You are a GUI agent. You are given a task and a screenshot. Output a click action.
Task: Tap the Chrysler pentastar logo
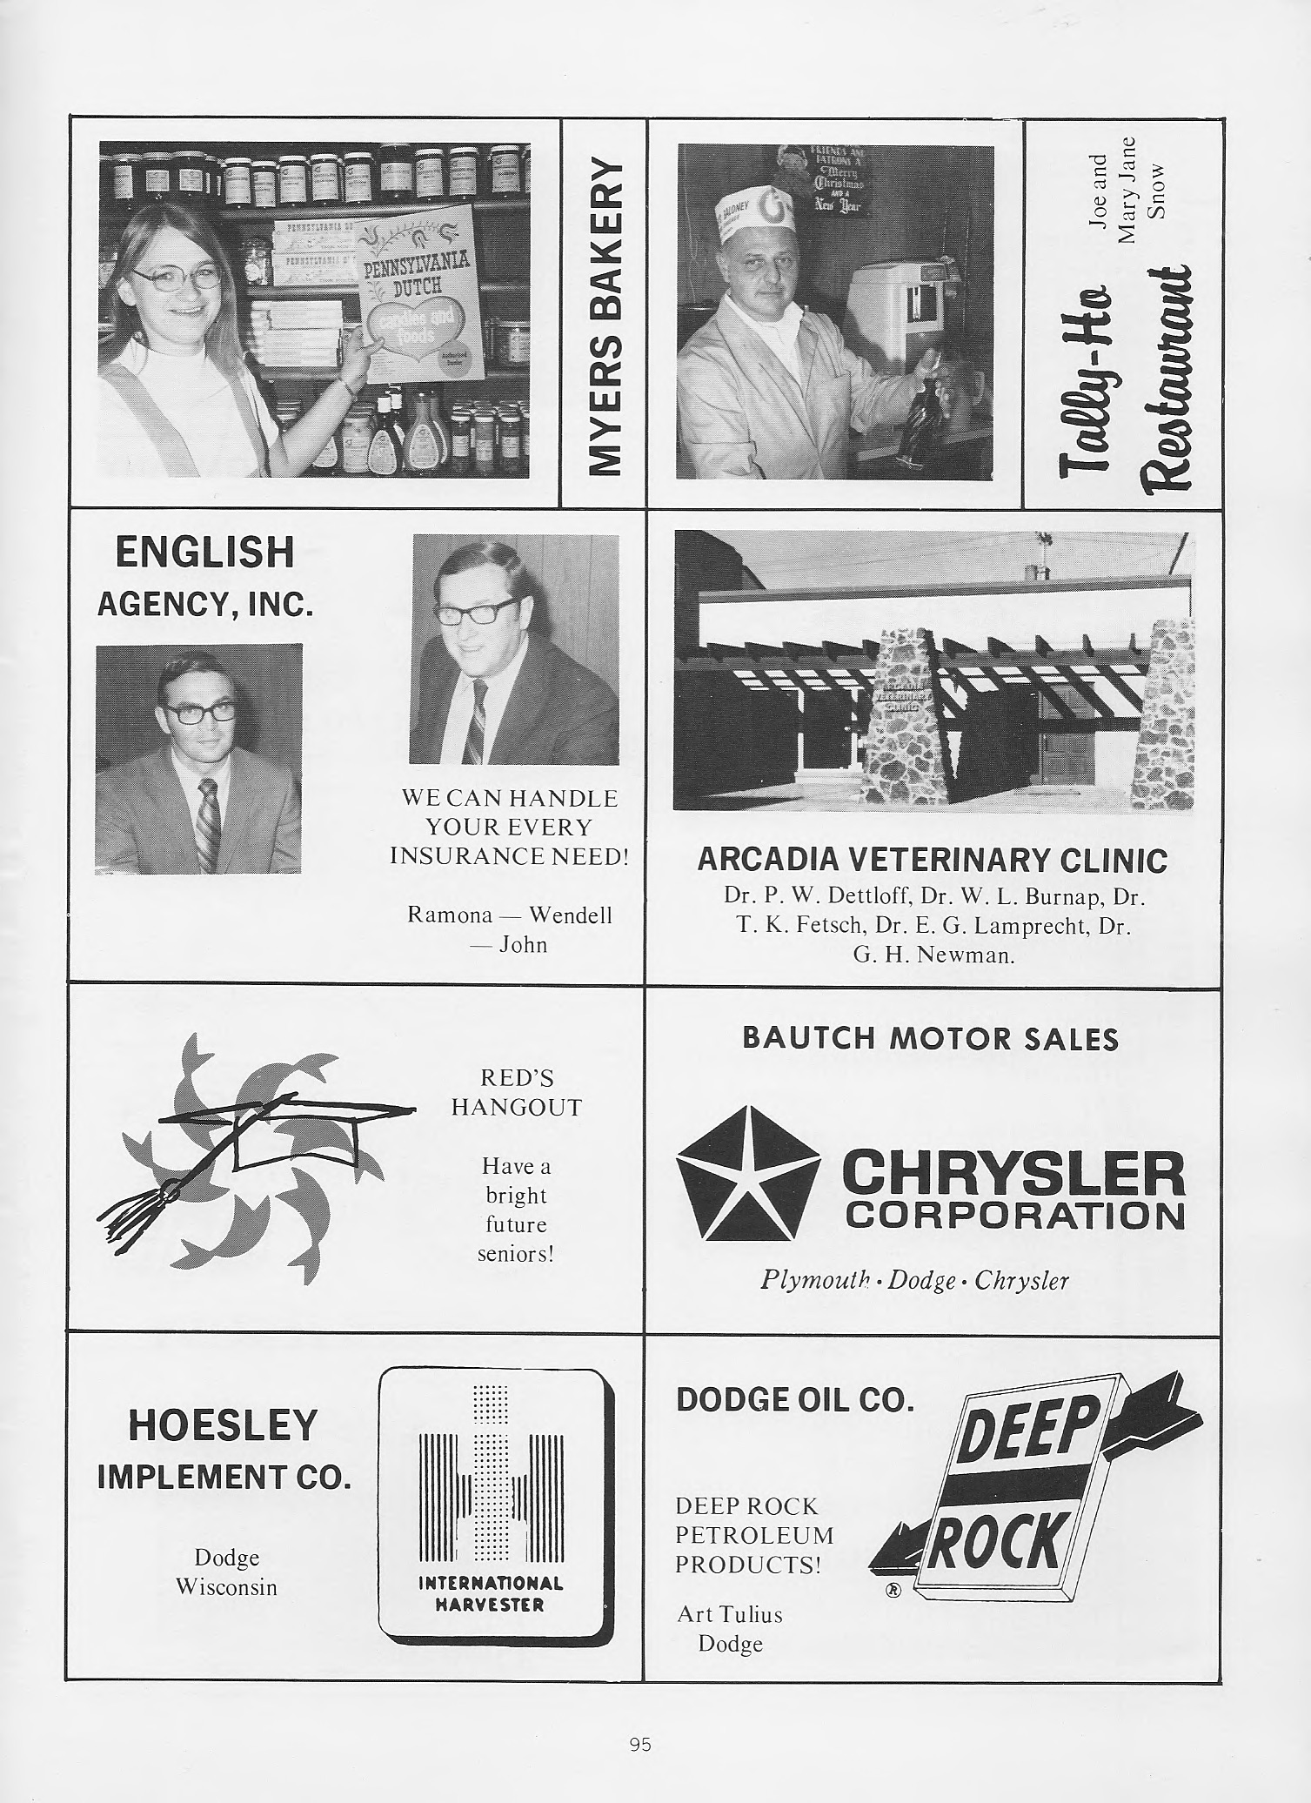[747, 1173]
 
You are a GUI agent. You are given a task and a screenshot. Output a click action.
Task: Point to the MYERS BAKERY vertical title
[605, 316]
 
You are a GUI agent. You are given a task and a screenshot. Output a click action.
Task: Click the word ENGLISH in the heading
[204, 553]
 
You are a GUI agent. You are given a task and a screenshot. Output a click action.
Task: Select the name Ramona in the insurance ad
[451, 915]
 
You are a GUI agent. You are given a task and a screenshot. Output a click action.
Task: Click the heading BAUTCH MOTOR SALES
[930, 1038]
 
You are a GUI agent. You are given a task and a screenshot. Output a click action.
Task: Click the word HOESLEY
[223, 1425]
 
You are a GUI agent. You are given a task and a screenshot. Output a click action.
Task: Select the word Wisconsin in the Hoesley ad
[226, 1587]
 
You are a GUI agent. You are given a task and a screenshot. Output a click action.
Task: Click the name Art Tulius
[730, 1615]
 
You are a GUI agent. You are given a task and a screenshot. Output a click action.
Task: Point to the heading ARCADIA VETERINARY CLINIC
[932, 861]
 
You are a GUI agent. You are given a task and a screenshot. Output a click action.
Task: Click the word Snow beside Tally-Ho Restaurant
[1156, 190]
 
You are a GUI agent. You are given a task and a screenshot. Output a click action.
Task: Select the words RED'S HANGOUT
[516, 1093]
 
